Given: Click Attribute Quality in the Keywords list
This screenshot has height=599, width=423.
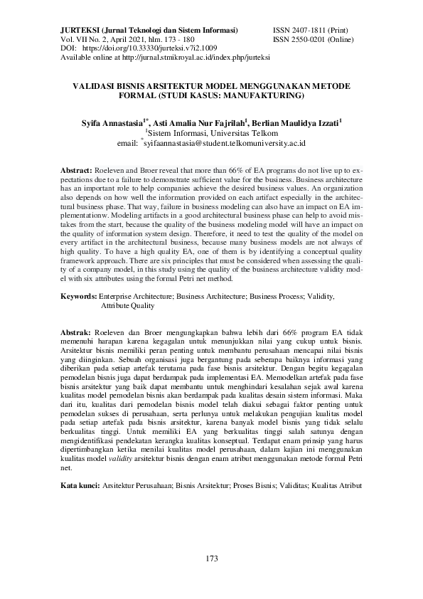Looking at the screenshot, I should click(127, 304).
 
